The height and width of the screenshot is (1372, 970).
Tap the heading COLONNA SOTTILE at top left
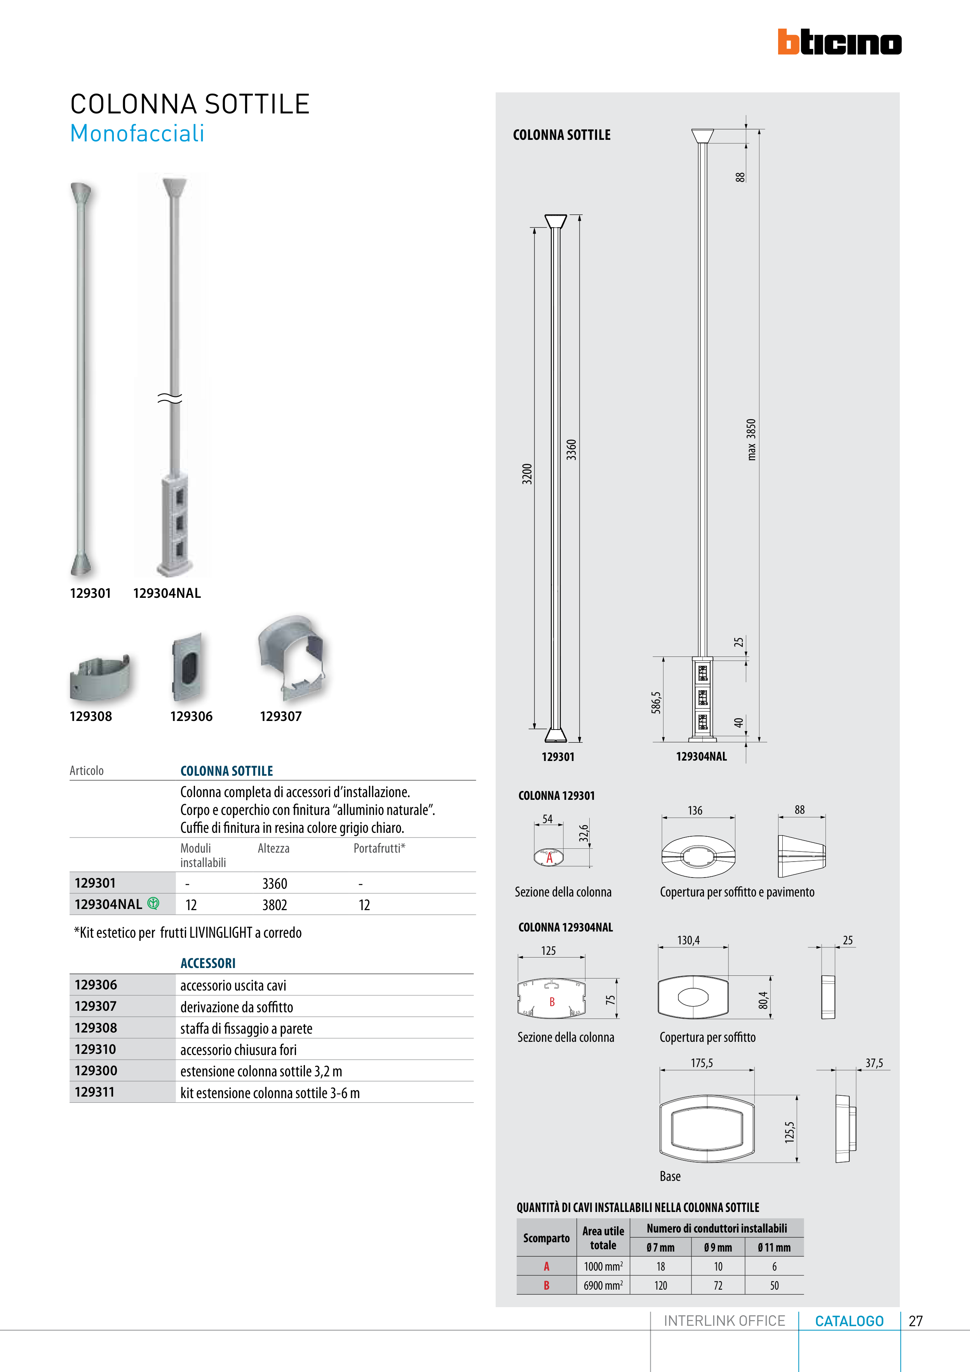[190, 104]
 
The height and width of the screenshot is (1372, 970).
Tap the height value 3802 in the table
[274, 905]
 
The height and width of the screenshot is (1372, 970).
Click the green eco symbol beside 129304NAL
[153, 904]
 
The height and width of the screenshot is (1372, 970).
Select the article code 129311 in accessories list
[95, 1092]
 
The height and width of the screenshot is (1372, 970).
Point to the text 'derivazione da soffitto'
[237, 1007]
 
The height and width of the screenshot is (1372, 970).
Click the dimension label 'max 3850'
[751, 439]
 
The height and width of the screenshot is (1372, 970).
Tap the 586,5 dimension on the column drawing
[656, 702]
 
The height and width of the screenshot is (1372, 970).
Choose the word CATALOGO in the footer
[849, 1321]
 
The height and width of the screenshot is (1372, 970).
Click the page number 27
[916, 1321]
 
